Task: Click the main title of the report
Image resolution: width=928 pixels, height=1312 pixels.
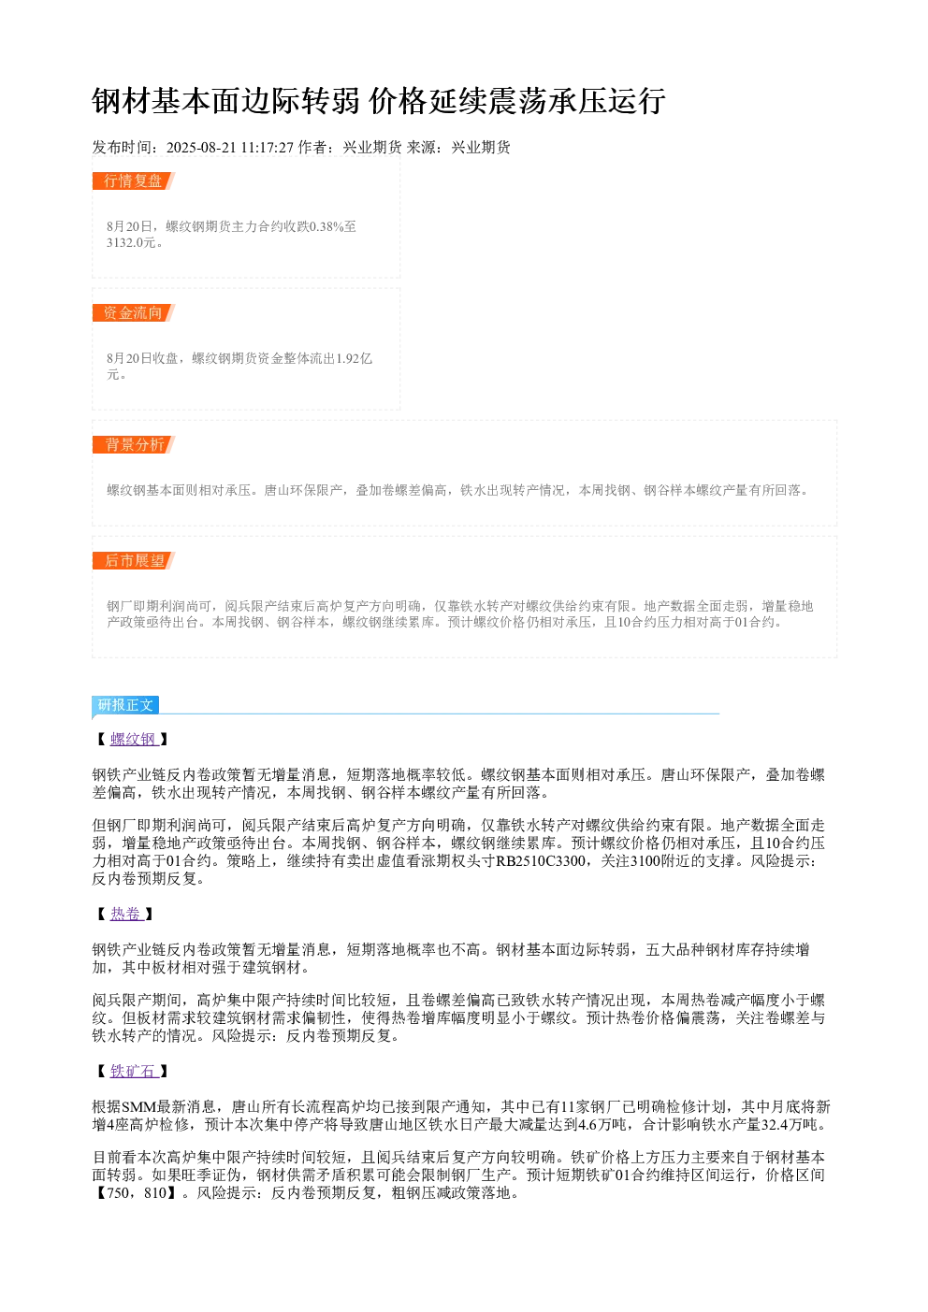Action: pos(379,101)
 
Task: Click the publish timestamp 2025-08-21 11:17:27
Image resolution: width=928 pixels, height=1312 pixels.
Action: pos(229,148)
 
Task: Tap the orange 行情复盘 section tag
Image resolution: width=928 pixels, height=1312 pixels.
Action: pos(133,181)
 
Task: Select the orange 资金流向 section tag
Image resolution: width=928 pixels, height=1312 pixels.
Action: pos(133,312)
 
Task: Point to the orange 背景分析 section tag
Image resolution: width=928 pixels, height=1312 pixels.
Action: pos(133,444)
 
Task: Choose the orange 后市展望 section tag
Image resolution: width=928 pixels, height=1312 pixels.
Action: pos(133,560)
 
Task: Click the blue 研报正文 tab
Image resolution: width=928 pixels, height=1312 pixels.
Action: pos(125,704)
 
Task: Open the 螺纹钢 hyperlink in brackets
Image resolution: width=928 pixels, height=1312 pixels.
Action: pos(134,739)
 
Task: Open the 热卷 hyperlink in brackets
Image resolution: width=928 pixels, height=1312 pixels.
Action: pos(126,914)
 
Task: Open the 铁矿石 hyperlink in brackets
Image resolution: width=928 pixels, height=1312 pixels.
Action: pos(134,1072)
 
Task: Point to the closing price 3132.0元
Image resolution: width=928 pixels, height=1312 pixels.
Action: pos(131,242)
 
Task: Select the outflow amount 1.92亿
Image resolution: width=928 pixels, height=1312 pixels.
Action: pos(354,358)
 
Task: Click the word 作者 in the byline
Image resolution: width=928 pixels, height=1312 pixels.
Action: pos(312,148)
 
